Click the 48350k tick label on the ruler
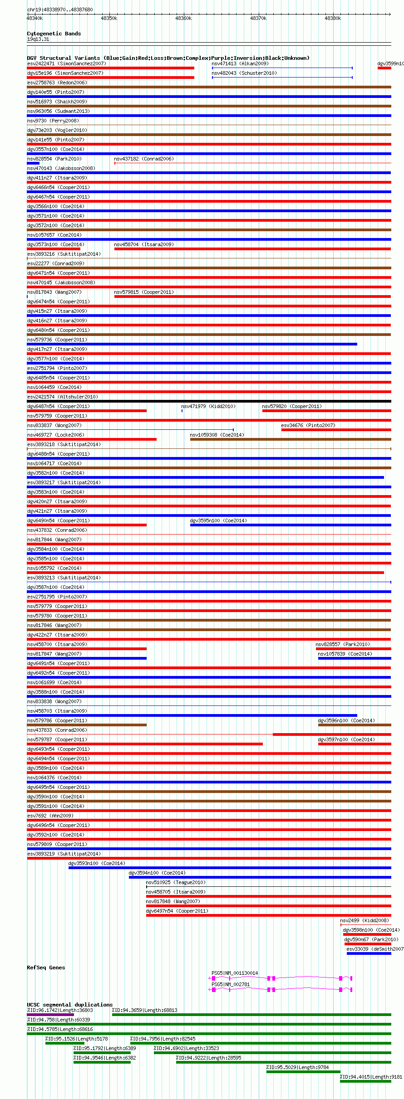[x=109, y=18]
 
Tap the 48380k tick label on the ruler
[x=333, y=18]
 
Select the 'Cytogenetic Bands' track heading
[x=54, y=34]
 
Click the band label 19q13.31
[x=38, y=39]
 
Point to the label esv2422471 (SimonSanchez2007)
[x=66, y=63]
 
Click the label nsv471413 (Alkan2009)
[x=240, y=63]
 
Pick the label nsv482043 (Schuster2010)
[x=244, y=73]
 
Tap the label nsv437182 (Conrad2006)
[x=144, y=159]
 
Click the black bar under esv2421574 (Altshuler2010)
[x=209, y=401]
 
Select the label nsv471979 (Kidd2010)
[x=208, y=406]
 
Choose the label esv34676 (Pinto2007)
[x=308, y=425]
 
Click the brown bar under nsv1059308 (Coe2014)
[x=291, y=439]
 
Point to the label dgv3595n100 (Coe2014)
[x=218, y=520]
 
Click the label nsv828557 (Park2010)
[x=343, y=644]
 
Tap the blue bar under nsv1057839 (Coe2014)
[x=355, y=658]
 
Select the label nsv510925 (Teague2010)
[x=176, y=882]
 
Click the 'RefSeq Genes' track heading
[x=46, y=968]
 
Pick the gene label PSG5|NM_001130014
[x=235, y=973]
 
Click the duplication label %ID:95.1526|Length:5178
[x=76, y=1039]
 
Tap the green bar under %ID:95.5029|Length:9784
[x=303, y=1072]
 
